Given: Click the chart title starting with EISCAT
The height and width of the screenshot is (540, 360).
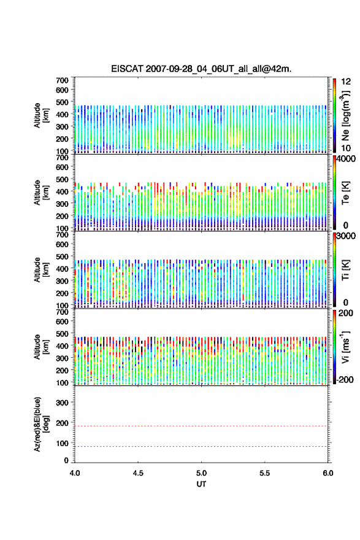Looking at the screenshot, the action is [x=201, y=69].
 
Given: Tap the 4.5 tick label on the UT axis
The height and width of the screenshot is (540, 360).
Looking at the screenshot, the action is [x=138, y=473].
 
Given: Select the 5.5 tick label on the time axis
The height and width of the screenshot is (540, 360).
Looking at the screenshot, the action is [x=265, y=473].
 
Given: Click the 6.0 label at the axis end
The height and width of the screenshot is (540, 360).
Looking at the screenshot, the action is [x=328, y=473].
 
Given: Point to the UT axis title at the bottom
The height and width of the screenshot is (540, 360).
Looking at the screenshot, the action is [x=201, y=484].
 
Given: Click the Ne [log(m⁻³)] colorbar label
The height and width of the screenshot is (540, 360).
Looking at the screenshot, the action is [x=346, y=116].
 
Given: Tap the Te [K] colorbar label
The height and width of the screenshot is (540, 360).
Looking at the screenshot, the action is [x=345, y=193].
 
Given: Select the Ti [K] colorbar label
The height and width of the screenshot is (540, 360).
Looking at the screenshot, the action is [x=345, y=270].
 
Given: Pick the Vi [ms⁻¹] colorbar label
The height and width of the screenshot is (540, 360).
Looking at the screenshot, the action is [x=345, y=347].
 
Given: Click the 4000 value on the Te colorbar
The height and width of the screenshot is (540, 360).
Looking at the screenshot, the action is [x=346, y=159].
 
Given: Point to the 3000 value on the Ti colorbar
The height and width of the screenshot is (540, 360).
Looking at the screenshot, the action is [x=346, y=236].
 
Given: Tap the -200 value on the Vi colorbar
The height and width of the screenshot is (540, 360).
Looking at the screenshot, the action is [x=344, y=379].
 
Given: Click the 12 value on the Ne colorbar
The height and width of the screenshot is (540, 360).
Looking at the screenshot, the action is [x=347, y=82].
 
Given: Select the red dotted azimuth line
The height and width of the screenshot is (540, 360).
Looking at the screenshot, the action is [x=201, y=426].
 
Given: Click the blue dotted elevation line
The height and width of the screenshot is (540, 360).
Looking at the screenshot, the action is [x=201, y=446].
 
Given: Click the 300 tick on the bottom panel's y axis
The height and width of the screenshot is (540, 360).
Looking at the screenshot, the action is [x=63, y=403].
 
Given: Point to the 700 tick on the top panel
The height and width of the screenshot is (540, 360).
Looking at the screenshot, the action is [x=63, y=80].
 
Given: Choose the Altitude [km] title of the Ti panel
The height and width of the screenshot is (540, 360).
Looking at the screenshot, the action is [x=41, y=270].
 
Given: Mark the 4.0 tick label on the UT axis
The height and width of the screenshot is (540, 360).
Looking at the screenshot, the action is [x=75, y=473].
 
